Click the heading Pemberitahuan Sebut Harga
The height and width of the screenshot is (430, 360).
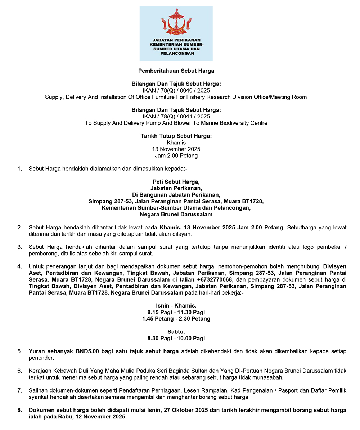pos(176,71)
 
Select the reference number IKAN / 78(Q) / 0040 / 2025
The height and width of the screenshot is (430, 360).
pos(176,90)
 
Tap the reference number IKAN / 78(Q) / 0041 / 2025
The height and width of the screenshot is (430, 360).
pos(176,116)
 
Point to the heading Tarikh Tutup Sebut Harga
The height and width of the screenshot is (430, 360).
pos(176,136)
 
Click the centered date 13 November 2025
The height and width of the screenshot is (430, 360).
pos(176,149)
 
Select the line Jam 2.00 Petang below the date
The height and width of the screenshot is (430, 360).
pos(176,156)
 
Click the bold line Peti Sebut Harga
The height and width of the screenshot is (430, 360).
pos(176,182)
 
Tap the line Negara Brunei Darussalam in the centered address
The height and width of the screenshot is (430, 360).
pos(176,214)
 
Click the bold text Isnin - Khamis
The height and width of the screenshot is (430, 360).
pos(176,305)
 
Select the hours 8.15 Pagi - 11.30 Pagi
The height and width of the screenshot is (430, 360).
pos(176,312)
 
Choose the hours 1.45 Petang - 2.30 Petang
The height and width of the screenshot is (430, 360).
pos(176,318)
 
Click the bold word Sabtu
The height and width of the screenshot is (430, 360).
pos(176,332)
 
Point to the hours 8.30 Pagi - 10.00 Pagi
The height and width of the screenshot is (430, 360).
pos(176,338)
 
